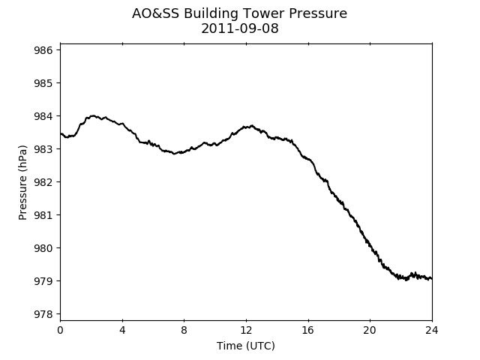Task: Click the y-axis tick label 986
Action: coord(43,50)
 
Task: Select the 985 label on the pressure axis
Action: coord(43,83)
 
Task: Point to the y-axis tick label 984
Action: coord(43,116)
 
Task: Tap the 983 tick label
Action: coord(43,149)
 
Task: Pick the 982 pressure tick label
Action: coord(43,182)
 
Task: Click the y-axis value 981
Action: coord(43,215)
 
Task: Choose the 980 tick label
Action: coord(43,248)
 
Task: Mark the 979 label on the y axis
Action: coord(43,281)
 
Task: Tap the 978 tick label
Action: coord(43,314)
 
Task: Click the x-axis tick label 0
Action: coord(60,330)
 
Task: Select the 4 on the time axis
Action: coord(122,330)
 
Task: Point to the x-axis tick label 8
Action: coord(184,330)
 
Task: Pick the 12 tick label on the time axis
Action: coord(246,330)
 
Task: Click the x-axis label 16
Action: coord(308,330)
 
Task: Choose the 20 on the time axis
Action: coord(370,330)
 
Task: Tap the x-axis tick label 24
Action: coord(432,330)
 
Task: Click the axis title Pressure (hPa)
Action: coord(22,182)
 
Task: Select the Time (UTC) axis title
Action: coord(246,346)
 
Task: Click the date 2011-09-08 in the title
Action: coord(240,28)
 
